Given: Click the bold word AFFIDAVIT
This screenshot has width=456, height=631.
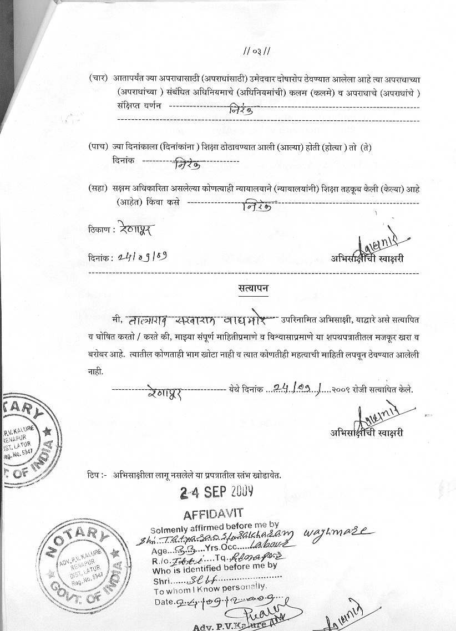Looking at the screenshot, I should (x=213, y=513).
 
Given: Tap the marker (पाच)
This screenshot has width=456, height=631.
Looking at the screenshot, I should (x=98, y=147).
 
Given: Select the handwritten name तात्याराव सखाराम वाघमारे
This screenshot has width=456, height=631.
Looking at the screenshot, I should (x=202, y=320).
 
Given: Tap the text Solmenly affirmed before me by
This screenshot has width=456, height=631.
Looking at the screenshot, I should (x=214, y=526).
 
